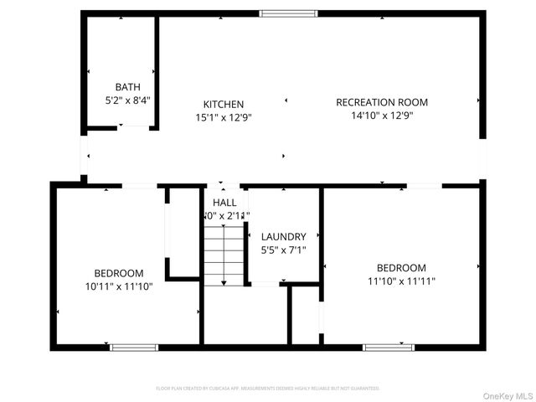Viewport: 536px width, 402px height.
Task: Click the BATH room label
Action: pyautogui.click(x=127, y=86)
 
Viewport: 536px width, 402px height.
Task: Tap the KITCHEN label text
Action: pyautogui.click(x=224, y=104)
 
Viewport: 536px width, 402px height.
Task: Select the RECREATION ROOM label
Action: pyautogui.click(x=376, y=102)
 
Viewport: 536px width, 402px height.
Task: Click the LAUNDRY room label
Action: pyautogui.click(x=284, y=237)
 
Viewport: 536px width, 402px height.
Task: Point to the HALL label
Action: pyautogui.click(x=224, y=203)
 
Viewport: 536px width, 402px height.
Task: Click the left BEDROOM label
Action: pyautogui.click(x=118, y=273)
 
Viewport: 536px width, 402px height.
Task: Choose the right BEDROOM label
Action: pyautogui.click(x=401, y=268)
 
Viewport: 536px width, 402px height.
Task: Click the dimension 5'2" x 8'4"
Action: pyautogui.click(x=127, y=100)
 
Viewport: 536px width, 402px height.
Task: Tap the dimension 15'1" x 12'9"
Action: pyautogui.click(x=224, y=117)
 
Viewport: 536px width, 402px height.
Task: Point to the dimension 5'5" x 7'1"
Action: pyautogui.click(x=284, y=250)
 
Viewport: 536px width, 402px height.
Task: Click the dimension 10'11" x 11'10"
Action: pyautogui.click(x=118, y=286)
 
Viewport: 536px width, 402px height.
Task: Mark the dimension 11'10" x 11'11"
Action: pyautogui.click(x=401, y=281)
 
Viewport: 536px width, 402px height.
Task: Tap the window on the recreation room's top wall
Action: pyautogui.click(x=288, y=13)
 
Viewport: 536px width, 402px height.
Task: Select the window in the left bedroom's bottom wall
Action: pyautogui.click(x=134, y=347)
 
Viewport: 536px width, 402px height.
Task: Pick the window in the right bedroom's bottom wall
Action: pyautogui.click(x=389, y=347)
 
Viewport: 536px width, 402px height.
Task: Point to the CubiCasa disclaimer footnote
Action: pyautogui.click(x=268, y=389)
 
